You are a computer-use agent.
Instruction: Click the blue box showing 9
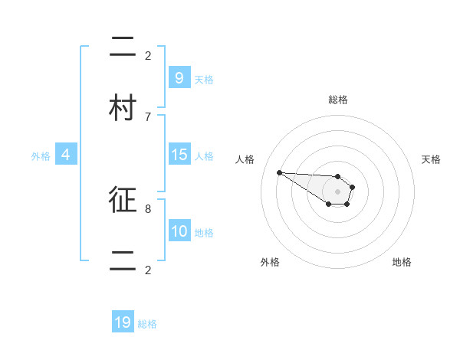click(x=179, y=77)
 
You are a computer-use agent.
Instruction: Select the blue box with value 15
click(x=179, y=155)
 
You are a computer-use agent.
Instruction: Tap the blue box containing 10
click(x=179, y=231)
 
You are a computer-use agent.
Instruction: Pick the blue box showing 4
click(x=66, y=155)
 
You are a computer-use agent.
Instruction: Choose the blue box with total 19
click(x=123, y=323)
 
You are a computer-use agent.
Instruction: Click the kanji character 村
click(x=123, y=108)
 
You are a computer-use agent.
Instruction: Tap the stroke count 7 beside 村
click(x=148, y=116)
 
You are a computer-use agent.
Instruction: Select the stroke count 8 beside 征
click(x=148, y=208)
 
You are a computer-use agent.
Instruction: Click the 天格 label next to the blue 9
click(x=204, y=79)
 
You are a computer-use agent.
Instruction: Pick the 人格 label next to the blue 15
click(x=204, y=156)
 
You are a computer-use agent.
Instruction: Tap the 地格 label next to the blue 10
click(x=204, y=233)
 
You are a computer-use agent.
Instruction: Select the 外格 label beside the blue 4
click(x=41, y=156)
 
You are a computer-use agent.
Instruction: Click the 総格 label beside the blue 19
click(x=147, y=325)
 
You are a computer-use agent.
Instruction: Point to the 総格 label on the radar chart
click(x=338, y=100)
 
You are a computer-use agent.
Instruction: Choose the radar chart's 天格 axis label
click(x=432, y=159)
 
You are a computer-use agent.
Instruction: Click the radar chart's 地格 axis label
click(x=402, y=262)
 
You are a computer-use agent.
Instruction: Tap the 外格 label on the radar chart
click(x=270, y=262)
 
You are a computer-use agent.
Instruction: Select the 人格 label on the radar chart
click(x=245, y=159)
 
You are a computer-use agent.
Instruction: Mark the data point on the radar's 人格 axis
click(x=279, y=172)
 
